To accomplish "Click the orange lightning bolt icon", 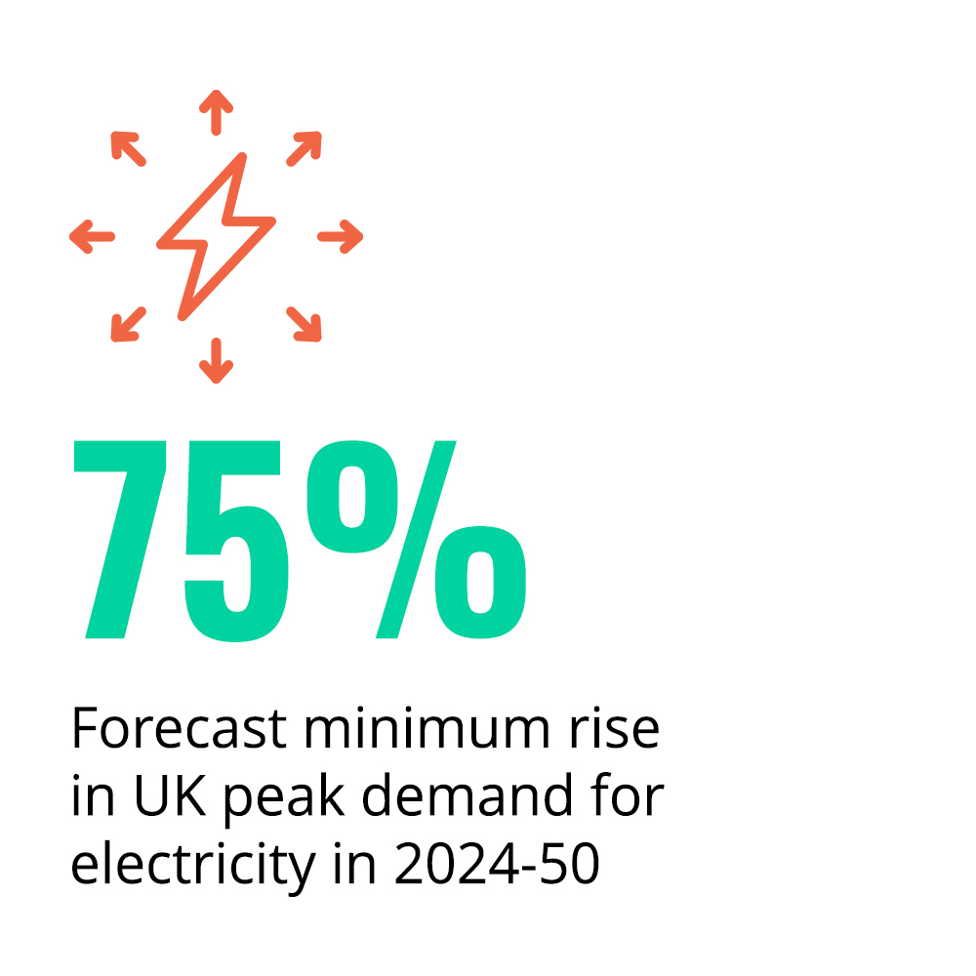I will pos(216,235).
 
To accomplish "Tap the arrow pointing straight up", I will pos(216,112).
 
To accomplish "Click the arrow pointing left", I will pos(93,236).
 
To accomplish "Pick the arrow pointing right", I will pos(340,236).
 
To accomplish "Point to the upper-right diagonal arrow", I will pos(304,148).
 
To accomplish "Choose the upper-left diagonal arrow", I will pos(128,148).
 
